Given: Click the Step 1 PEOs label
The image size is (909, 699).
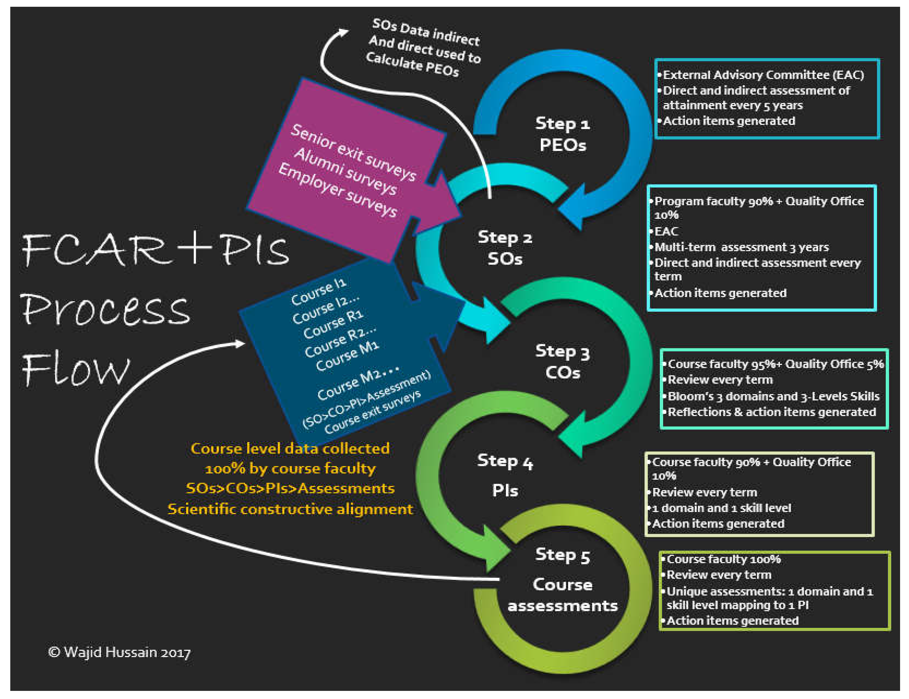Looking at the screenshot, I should (x=562, y=134).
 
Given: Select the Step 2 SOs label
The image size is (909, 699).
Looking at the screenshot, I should (x=505, y=248).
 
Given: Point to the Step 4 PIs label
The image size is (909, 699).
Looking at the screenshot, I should (x=505, y=475).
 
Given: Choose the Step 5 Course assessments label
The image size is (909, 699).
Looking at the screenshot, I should (x=562, y=585).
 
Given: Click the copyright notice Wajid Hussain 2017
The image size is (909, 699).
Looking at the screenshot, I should (x=119, y=652).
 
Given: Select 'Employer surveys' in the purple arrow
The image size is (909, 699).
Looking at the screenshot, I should (x=337, y=190).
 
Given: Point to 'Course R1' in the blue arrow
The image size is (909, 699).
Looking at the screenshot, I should (x=333, y=325).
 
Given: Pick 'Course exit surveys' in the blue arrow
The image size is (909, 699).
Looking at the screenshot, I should (x=372, y=412).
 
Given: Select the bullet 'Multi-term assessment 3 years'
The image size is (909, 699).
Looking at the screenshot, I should (x=741, y=247).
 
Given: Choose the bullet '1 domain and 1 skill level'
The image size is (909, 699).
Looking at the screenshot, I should (x=721, y=508).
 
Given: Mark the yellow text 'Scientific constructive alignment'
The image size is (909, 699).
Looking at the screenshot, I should (x=290, y=509).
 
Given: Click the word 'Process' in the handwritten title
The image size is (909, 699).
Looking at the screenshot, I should (x=106, y=310).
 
